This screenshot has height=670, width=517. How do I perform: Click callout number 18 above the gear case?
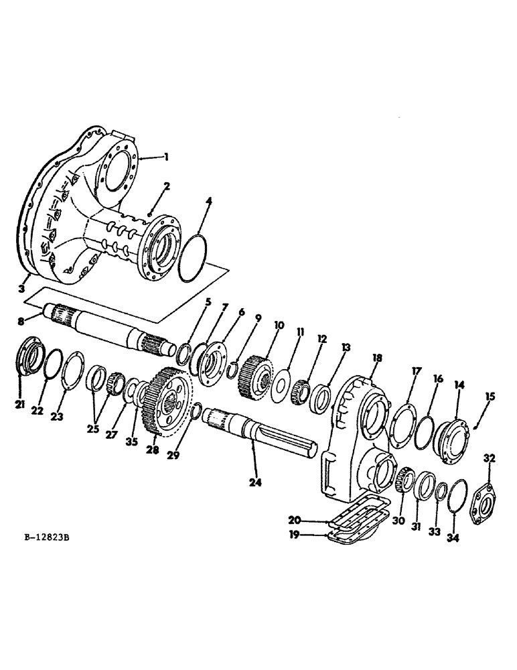pos(377,358)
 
